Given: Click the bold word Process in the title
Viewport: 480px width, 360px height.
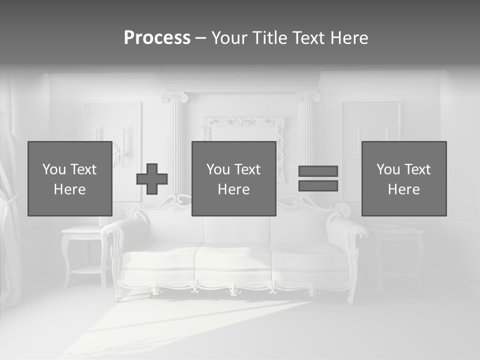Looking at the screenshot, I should [157, 38].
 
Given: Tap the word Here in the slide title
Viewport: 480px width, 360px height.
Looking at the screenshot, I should [349, 38].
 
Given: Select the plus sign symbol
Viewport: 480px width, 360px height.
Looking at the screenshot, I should [152, 179].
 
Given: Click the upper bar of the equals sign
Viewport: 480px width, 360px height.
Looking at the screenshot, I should [318, 171].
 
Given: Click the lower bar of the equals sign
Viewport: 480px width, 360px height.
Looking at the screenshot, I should [318, 186].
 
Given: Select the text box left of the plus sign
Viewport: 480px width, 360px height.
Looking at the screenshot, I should [70, 178].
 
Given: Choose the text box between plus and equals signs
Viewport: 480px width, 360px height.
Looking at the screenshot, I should [233, 178].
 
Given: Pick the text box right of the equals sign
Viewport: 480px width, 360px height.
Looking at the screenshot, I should [403, 178].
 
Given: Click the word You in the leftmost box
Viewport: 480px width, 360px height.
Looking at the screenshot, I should [53, 169].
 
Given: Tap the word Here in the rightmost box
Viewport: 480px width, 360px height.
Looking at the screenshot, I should [403, 189].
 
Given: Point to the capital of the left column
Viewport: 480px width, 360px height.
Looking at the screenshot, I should [174, 97].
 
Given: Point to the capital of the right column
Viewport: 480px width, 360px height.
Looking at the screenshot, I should [307, 96].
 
